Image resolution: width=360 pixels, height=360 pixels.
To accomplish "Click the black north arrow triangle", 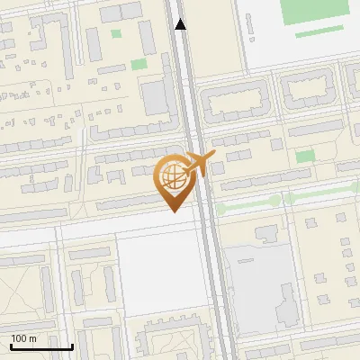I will [x=181, y=24].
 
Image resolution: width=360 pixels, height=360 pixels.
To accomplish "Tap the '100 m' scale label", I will [x=24, y=338].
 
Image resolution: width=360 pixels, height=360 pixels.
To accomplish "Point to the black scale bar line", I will [x=41, y=346].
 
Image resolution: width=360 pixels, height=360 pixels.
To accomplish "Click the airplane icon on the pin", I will [x=199, y=164].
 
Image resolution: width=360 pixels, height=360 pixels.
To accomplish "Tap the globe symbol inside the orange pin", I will [x=171, y=175].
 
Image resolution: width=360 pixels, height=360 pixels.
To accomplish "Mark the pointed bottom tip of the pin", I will [x=172, y=211].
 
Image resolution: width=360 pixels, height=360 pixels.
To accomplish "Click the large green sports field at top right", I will [x=313, y=11].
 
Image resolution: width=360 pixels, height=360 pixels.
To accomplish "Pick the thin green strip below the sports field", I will [x=319, y=32].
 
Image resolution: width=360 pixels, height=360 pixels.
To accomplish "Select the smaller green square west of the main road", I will [x=116, y=34].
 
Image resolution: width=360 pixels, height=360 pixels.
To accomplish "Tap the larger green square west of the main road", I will [x=138, y=64].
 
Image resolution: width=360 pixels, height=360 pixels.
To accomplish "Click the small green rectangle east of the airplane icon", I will [x=305, y=156].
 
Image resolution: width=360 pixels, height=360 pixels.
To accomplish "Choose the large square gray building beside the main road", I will [x=156, y=96].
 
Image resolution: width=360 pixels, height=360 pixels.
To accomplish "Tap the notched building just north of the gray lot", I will [x=267, y=234].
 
